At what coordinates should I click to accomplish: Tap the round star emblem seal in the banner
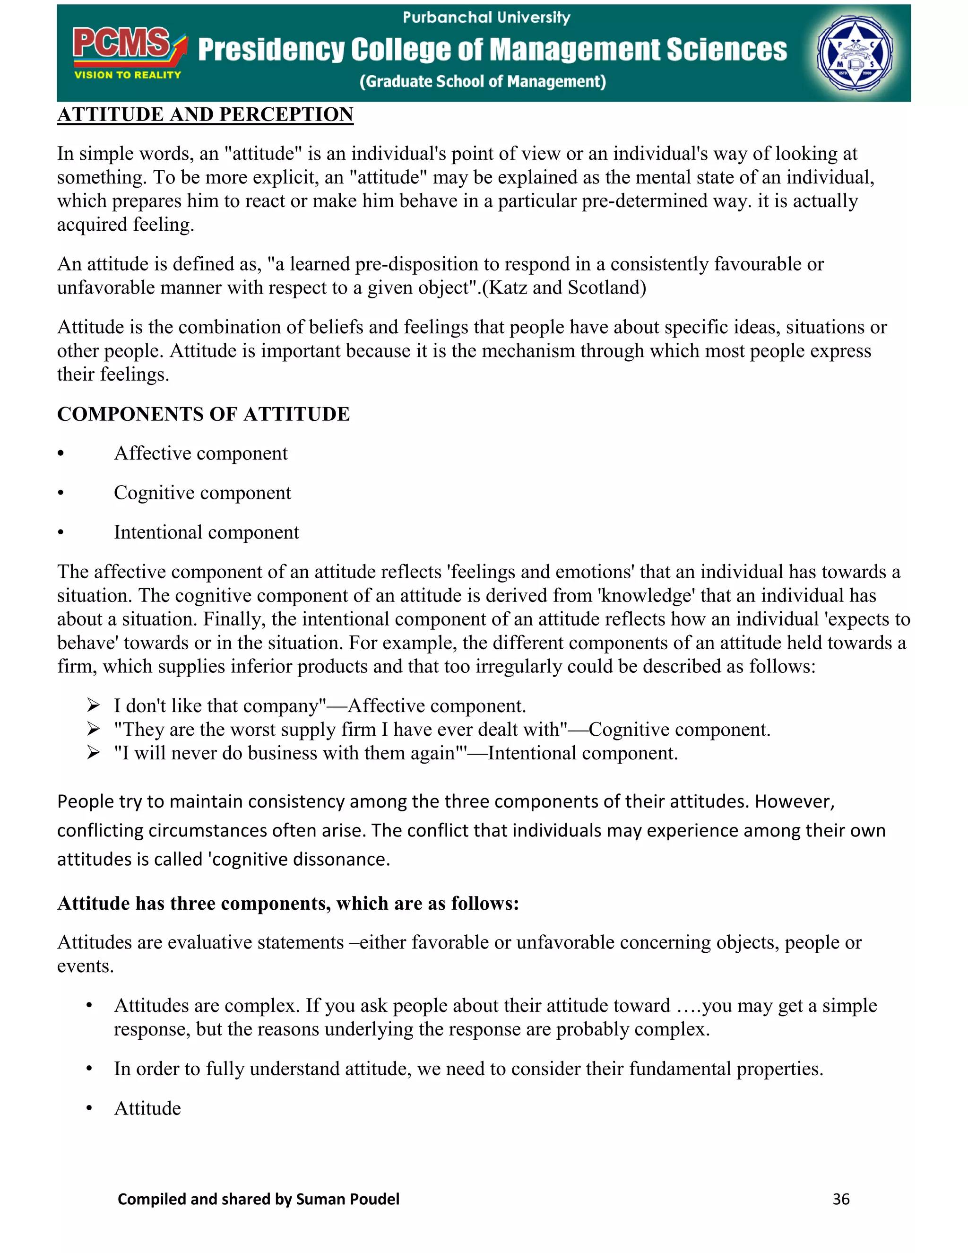[855, 53]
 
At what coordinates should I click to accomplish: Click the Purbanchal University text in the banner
[486, 17]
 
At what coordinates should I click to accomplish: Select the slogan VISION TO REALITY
[127, 75]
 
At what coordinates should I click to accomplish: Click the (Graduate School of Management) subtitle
[482, 81]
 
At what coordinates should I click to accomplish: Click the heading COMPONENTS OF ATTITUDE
[203, 414]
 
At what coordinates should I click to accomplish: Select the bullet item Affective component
[201, 453]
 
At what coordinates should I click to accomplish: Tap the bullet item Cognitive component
[202, 493]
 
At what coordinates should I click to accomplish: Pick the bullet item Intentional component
[207, 532]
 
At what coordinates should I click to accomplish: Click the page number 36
[841, 1199]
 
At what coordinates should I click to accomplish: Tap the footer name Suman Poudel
[347, 1199]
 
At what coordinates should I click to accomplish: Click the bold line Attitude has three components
[288, 903]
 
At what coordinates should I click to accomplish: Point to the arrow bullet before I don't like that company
[94, 705]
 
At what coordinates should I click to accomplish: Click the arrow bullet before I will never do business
[94, 753]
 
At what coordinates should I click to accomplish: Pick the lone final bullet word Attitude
[147, 1108]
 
